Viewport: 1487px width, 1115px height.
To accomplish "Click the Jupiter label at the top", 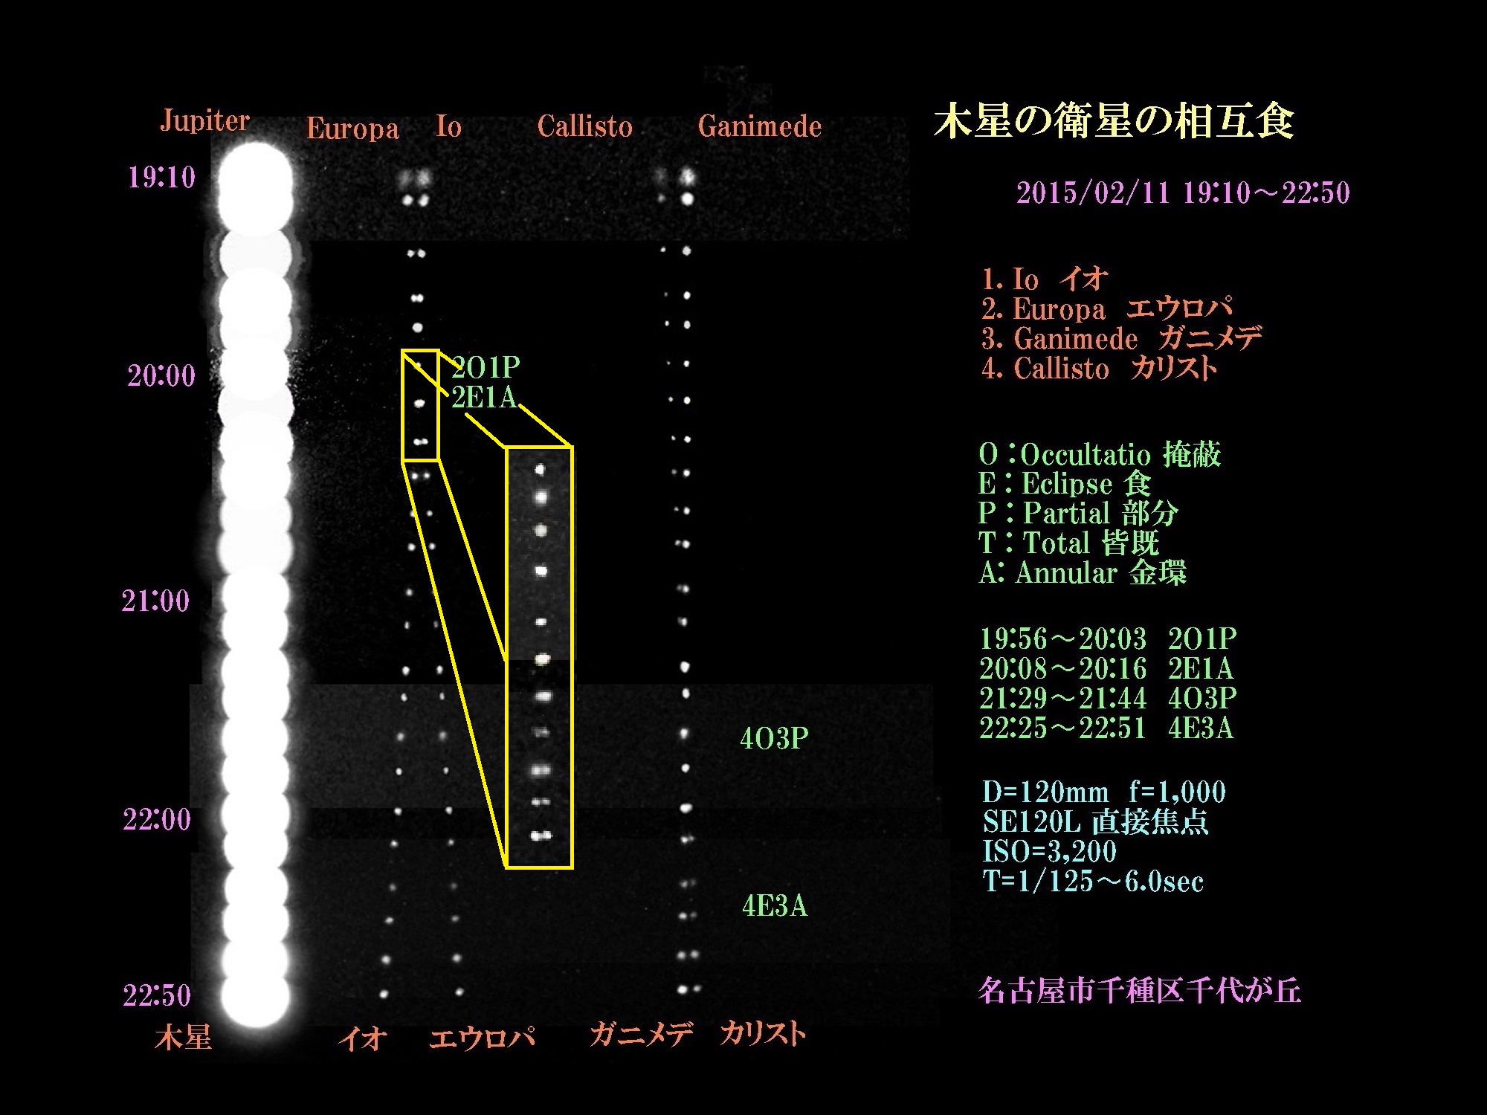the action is pyautogui.click(x=204, y=121).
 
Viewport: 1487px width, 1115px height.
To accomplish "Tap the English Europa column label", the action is pyautogui.click(x=352, y=129).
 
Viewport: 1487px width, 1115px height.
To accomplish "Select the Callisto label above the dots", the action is pyautogui.click(x=584, y=126).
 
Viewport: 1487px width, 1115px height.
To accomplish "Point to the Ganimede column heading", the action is pyautogui.click(x=760, y=126).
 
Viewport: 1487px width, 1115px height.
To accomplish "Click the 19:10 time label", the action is pyautogui.click(x=161, y=177).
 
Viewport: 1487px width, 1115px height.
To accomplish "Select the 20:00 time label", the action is pyautogui.click(x=161, y=376).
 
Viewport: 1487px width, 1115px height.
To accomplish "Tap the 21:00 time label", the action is pyautogui.click(x=155, y=601).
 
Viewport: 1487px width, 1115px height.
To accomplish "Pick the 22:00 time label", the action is pyautogui.click(x=157, y=820).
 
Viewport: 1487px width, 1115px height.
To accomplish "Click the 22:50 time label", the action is pyautogui.click(x=157, y=995).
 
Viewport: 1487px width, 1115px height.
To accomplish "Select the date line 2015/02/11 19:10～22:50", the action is pyautogui.click(x=1183, y=193).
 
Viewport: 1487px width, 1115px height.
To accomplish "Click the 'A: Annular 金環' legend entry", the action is pyautogui.click(x=1083, y=573).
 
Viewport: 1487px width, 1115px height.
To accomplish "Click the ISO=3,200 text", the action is pyautogui.click(x=1049, y=852).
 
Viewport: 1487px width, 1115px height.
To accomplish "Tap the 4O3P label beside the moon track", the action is pyautogui.click(x=774, y=738).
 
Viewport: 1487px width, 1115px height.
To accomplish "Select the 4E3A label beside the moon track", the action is pyautogui.click(x=775, y=906).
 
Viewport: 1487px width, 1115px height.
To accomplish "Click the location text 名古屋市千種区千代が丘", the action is pyautogui.click(x=1140, y=992).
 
